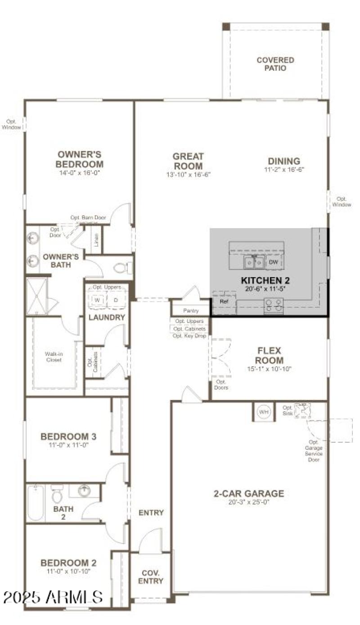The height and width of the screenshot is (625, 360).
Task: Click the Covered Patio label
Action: click(x=275, y=64)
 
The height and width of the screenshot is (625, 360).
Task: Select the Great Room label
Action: click(x=188, y=161)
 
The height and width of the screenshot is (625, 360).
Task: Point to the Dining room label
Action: click(x=284, y=161)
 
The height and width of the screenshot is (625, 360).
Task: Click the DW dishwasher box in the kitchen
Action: click(x=274, y=262)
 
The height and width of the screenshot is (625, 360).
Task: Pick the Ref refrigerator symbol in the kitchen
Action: click(x=224, y=301)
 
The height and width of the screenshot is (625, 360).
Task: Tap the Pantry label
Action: click(x=191, y=311)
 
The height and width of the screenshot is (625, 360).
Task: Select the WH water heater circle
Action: click(x=263, y=411)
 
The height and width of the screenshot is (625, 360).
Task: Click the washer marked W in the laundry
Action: click(x=98, y=300)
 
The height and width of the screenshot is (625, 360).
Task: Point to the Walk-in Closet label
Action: click(x=53, y=357)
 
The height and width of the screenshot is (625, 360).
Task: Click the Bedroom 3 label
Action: click(x=68, y=436)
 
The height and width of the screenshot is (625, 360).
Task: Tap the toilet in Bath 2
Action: click(x=57, y=495)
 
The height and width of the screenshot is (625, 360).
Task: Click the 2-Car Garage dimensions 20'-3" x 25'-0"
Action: click(x=248, y=503)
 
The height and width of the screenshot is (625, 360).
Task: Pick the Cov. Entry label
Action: click(x=150, y=577)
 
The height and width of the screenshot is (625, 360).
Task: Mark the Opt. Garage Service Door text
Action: click(x=313, y=451)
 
